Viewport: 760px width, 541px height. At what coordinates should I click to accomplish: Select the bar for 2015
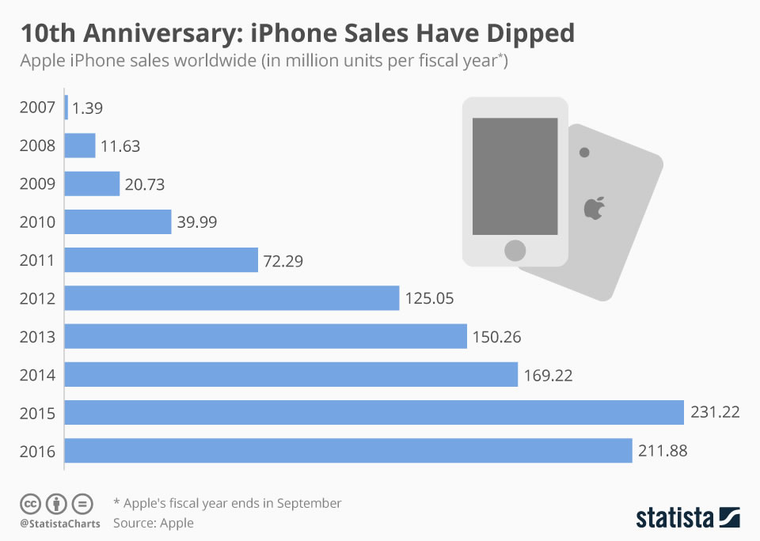point(374,413)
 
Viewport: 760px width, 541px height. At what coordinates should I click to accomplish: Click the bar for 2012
point(231,298)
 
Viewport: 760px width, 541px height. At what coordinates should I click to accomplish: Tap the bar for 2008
point(80,146)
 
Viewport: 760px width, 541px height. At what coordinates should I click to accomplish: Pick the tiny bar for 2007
point(66,108)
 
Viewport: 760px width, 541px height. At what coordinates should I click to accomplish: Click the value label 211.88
point(663,452)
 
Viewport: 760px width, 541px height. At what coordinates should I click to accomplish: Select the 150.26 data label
point(497,337)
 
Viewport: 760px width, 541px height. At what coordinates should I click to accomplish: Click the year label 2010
point(37,222)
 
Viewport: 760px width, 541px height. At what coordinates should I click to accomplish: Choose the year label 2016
point(37,452)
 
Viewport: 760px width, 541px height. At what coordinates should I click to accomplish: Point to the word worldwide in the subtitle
point(208,61)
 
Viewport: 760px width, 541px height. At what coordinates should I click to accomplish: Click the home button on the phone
point(515,251)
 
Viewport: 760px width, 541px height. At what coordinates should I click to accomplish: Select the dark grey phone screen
point(515,176)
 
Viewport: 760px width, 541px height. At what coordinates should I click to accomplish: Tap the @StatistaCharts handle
point(59,524)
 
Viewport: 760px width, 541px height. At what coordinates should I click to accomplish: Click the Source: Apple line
point(153,523)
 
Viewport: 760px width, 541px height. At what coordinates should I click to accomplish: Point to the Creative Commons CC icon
point(31,504)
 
